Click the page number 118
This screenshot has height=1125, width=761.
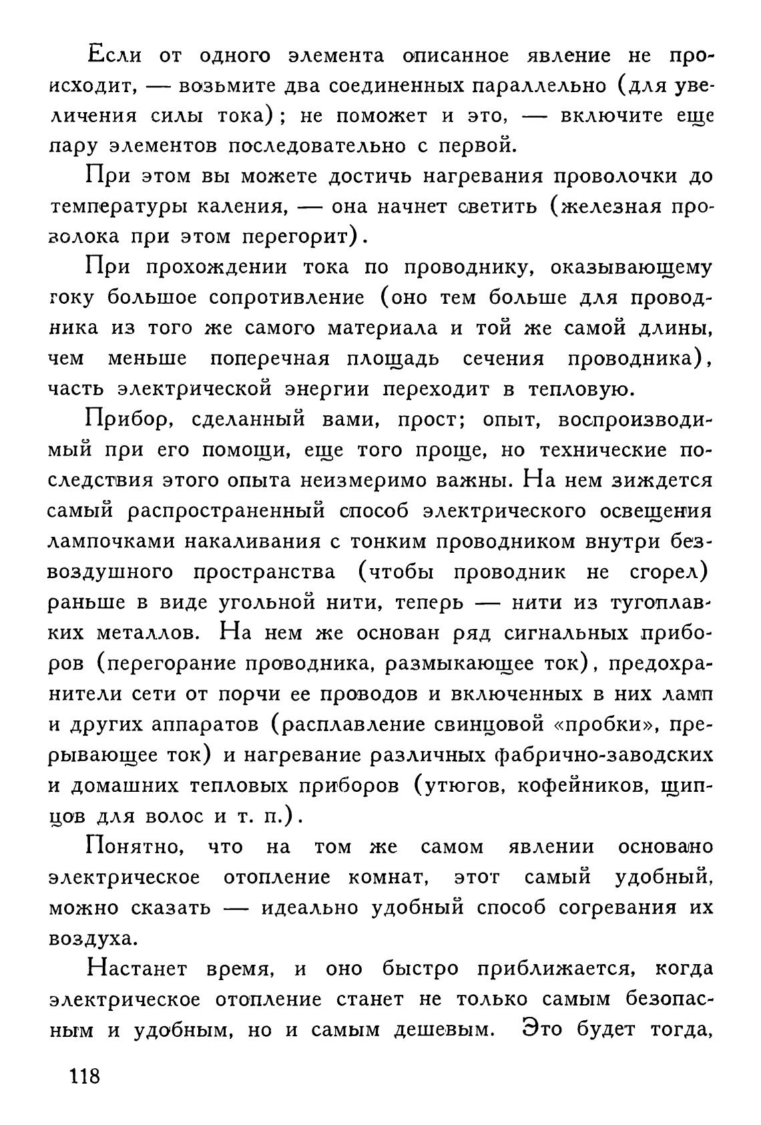[x=83, y=1076]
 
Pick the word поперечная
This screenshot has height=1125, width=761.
[x=270, y=359]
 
